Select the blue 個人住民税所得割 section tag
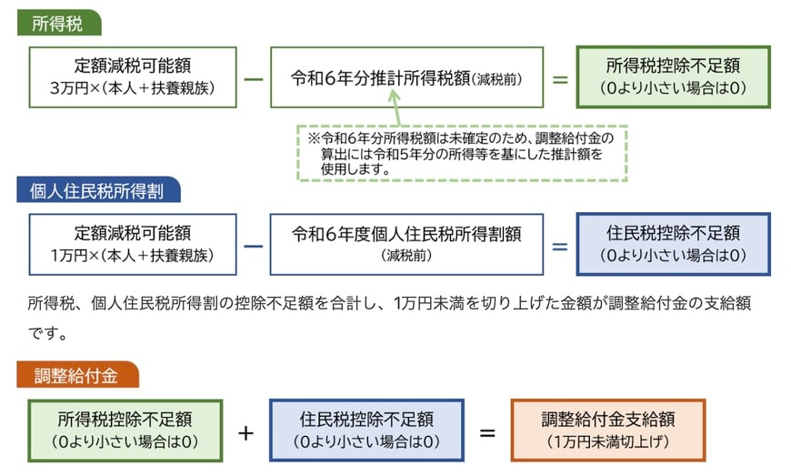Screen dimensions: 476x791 pos(98,190)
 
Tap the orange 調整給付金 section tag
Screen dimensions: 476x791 pos(77,375)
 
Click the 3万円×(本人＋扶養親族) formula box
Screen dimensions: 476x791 pos(133,77)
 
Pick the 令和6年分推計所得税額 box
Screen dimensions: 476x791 pos(406,77)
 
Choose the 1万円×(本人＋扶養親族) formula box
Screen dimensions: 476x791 pos(133,244)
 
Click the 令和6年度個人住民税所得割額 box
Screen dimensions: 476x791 pos(406,244)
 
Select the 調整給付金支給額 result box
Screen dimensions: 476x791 pos(608,430)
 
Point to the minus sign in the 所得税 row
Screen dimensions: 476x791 pos(254,78)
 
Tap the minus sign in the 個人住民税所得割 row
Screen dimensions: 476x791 pos(254,245)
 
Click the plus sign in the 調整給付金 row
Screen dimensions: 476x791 pos(245,431)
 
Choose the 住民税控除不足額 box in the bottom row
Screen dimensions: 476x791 pos(366,430)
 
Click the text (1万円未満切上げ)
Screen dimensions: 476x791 pos(608,441)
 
